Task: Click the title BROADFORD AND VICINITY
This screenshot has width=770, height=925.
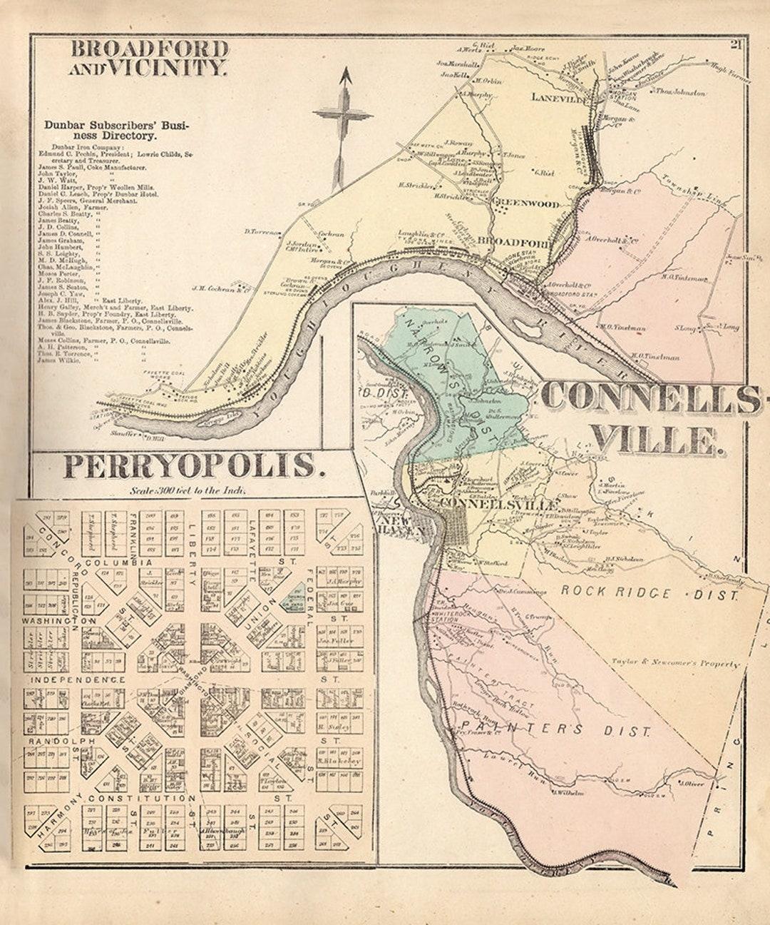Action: tap(149, 59)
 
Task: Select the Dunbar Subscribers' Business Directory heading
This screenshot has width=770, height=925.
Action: tap(116, 129)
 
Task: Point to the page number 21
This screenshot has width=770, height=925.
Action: tap(735, 46)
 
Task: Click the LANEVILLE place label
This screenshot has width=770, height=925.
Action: tap(558, 100)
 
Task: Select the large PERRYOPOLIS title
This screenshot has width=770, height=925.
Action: tap(189, 465)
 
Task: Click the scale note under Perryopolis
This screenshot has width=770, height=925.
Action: tap(188, 490)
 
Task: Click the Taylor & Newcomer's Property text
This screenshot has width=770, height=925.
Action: tap(675, 663)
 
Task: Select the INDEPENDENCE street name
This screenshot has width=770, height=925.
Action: tap(78, 679)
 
